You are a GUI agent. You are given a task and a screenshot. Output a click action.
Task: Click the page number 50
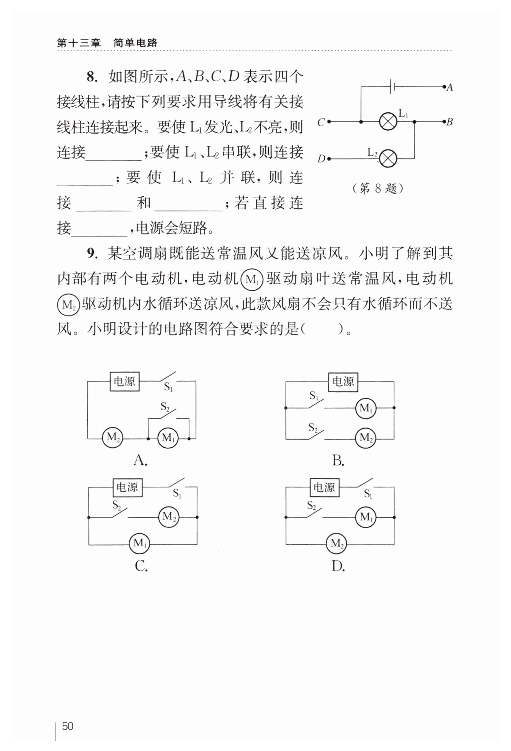(x=68, y=726)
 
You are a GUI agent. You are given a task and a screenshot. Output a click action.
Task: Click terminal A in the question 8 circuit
(x=444, y=87)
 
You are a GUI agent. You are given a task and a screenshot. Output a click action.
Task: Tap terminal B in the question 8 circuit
(x=444, y=122)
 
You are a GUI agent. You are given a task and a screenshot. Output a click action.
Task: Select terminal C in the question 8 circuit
(x=329, y=122)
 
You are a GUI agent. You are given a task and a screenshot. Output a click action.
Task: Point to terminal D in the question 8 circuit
(x=329, y=158)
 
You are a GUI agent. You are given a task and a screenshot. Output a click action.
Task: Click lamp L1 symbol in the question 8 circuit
(x=388, y=122)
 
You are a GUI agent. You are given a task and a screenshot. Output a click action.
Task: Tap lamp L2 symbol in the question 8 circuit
(x=388, y=158)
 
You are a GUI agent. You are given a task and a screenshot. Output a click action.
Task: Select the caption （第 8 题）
(x=377, y=188)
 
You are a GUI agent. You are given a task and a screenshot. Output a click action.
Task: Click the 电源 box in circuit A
(x=125, y=381)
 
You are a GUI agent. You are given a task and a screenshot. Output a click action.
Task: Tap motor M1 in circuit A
(x=168, y=438)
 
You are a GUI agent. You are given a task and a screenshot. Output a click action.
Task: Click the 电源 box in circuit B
(x=343, y=382)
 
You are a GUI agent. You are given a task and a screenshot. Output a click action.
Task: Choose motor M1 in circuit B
(x=365, y=408)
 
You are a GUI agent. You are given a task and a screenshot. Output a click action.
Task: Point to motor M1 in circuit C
(x=139, y=544)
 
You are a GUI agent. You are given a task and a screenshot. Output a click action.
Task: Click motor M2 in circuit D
(x=336, y=544)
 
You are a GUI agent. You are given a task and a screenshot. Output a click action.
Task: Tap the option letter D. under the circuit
(x=338, y=566)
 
